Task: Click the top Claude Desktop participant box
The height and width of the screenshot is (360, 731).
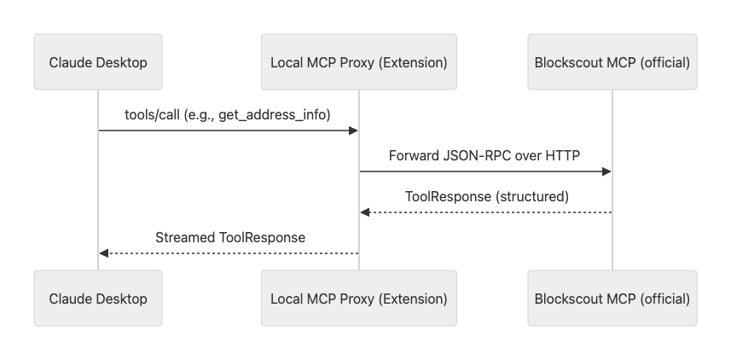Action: click(x=98, y=62)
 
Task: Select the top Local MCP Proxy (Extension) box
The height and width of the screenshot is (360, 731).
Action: click(x=358, y=62)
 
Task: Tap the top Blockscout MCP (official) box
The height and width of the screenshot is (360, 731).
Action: click(x=612, y=62)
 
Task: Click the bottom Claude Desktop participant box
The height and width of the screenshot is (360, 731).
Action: click(x=98, y=299)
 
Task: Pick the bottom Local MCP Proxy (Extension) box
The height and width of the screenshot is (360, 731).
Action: click(x=358, y=299)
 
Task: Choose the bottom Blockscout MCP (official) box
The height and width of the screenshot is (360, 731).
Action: click(x=612, y=299)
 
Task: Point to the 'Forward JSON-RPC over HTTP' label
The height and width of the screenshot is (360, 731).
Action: click(x=485, y=156)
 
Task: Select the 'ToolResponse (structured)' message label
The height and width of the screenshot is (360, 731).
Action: click(x=486, y=196)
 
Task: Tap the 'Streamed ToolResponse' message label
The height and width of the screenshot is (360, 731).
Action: click(x=229, y=237)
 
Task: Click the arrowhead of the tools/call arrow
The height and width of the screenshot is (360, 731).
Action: click(x=353, y=131)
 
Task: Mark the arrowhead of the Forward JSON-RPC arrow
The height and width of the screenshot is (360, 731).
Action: click(x=606, y=171)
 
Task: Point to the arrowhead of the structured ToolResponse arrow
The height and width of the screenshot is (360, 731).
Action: click(x=365, y=212)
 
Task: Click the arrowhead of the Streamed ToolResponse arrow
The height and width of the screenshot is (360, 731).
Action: click(x=104, y=253)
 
